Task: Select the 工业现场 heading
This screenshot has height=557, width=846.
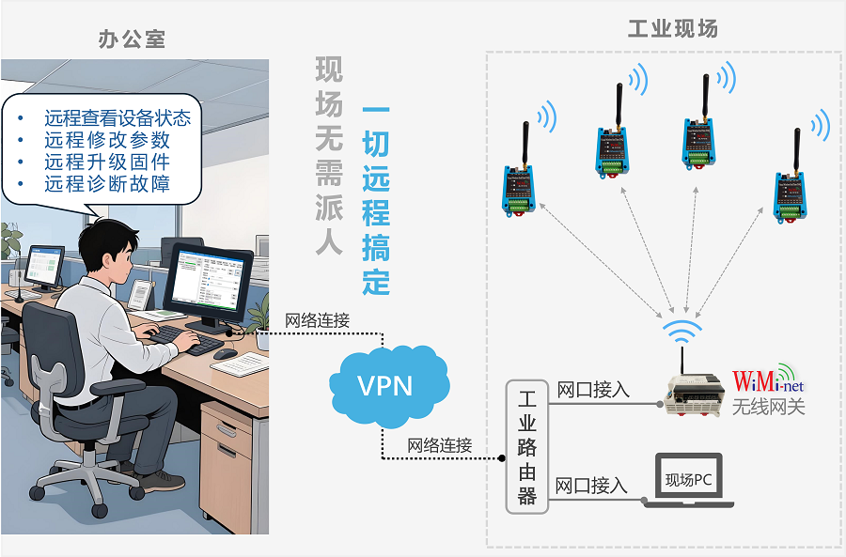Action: pyautogui.click(x=672, y=29)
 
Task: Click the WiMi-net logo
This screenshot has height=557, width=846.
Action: pyautogui.click(x=768, y=382)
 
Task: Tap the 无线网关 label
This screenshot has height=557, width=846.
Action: pyautogui.click(x=768, y=407)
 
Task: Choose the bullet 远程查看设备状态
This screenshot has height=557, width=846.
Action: pyautogui.click(x=117, y=118)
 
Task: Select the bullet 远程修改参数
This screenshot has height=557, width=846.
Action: pyautogui.click(x=106, y=140)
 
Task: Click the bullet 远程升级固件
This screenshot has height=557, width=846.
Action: pyautogui.click(x=106, y=162)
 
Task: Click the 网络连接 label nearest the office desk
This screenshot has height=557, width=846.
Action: pyautogui.click(x=317, y=320)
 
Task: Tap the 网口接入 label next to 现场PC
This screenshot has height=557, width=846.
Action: pyautogui.click(x=591, y=486)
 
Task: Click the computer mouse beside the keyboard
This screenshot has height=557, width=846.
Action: pyautogui.click(x=226, y=354)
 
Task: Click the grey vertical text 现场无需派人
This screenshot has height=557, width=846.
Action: pyautogui.click(x=329, y=155)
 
